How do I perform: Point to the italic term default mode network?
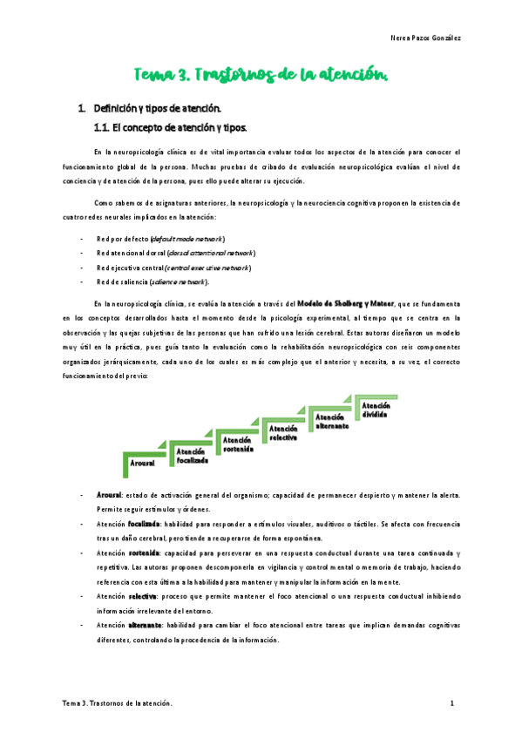pos(187,238)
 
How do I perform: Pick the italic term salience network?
pos(179,281)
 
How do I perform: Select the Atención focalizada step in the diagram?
pos(192,456)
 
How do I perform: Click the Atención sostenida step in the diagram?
pos(237,444)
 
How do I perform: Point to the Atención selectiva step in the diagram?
pos(284,432)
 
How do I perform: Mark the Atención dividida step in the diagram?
pos(376,410)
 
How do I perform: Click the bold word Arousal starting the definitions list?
pos(109,495)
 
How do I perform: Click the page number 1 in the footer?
pos(452,702)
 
